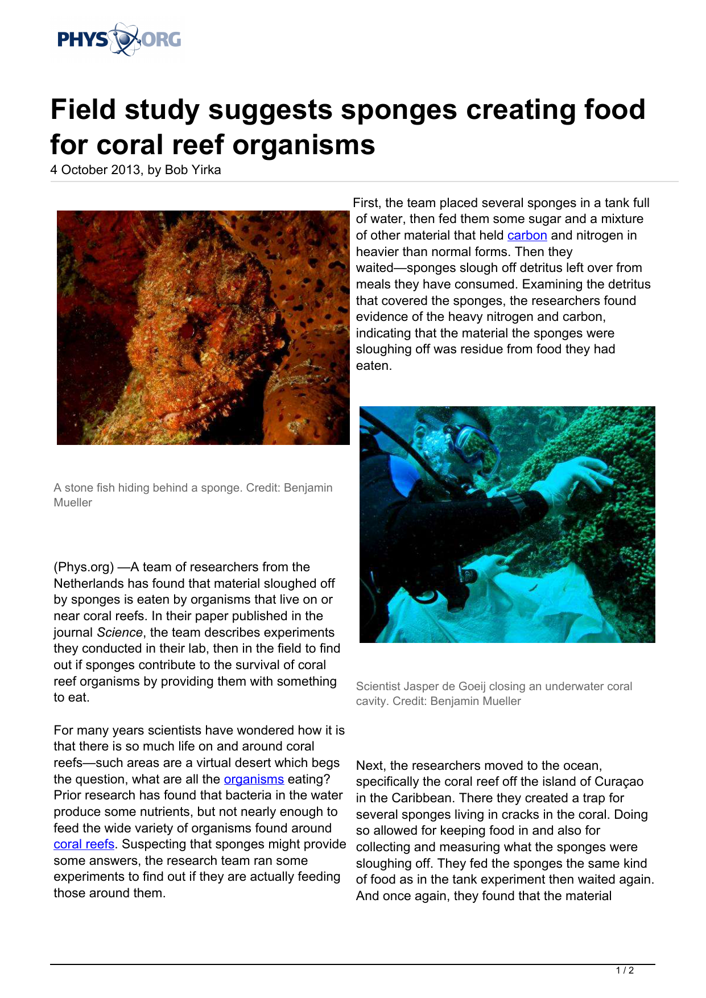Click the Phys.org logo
click(119, 40)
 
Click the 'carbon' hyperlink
click(527, 236)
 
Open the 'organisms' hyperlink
click(254, 780)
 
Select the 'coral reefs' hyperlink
click(84, 844)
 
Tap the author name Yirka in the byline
click(205, 170)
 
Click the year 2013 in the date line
click(125, 170)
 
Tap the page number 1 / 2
click(625, 971)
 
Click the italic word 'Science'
click(119, 633)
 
